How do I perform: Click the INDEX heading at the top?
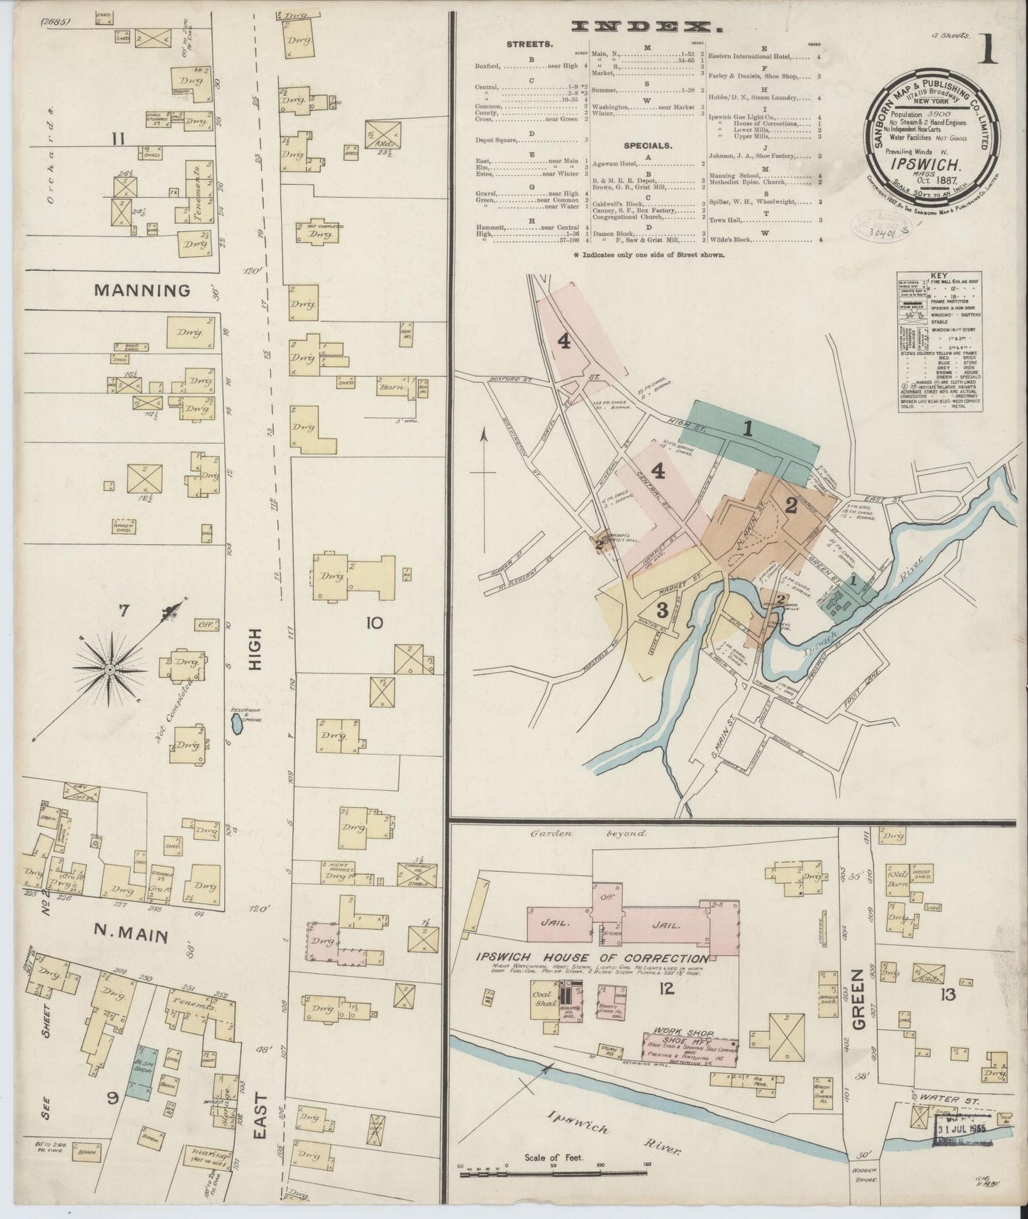tap(647, 27)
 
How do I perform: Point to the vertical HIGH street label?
tap(255, 649)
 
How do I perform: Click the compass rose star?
tap(112, 669)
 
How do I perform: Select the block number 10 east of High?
tap(373, 623)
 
